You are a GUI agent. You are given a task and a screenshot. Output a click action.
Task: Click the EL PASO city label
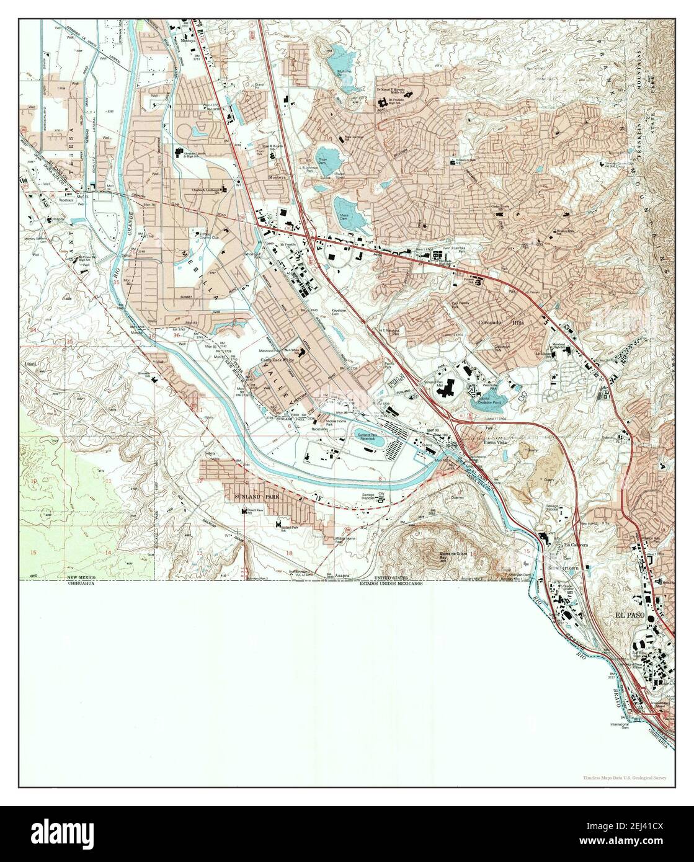coord(630,615)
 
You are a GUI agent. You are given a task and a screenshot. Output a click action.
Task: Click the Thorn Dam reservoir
coord(329,158)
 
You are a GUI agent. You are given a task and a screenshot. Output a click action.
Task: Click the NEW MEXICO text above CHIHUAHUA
coord(84,578)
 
